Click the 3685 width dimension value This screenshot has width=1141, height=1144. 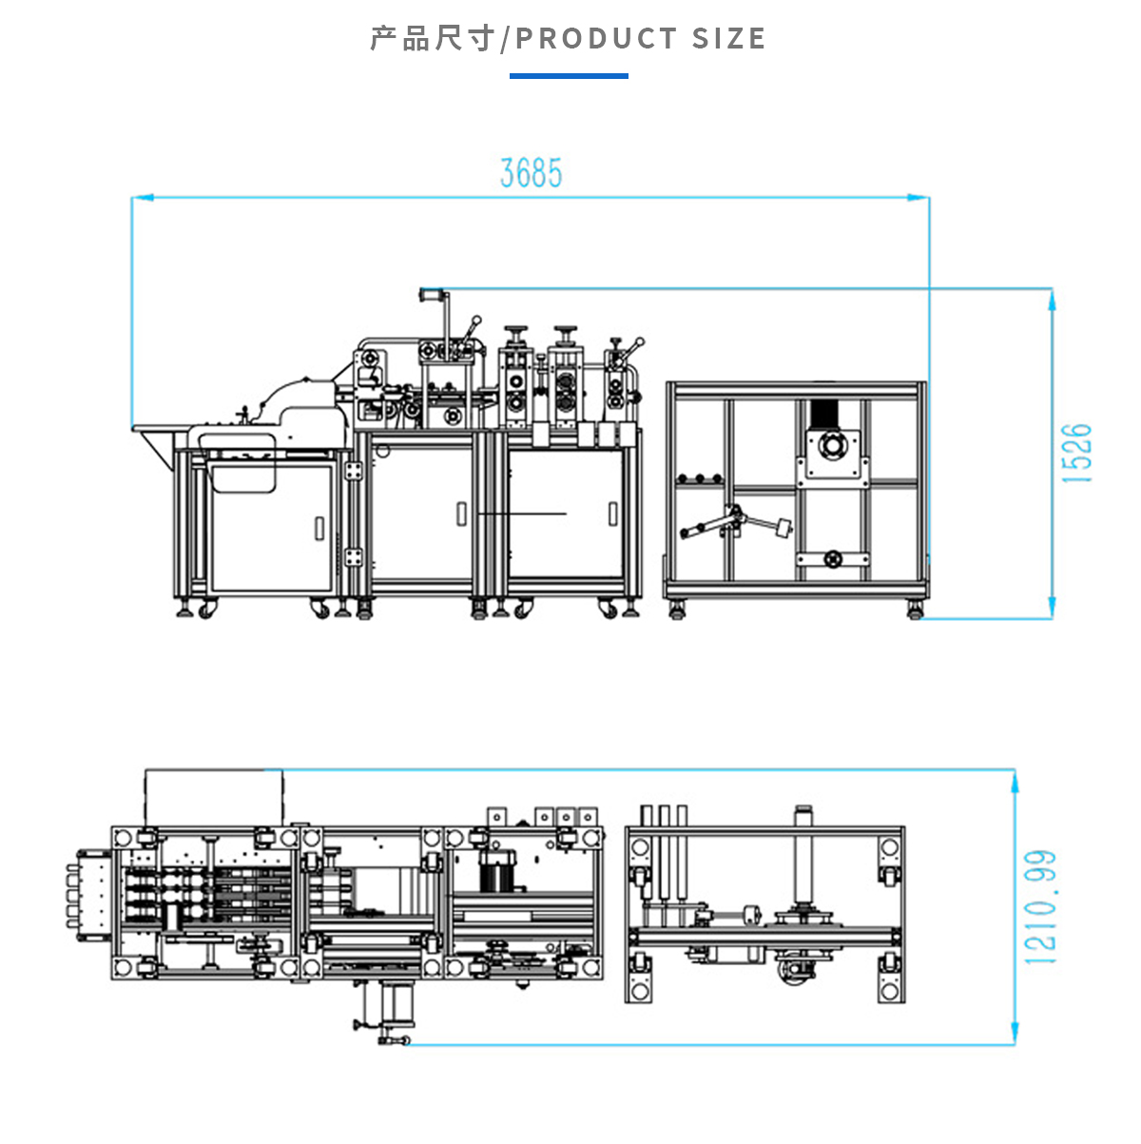[531, 173]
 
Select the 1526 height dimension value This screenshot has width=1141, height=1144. [1077, 454]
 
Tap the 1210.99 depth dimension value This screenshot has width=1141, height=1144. [1040, 907]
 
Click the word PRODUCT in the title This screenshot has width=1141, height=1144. [596, 39]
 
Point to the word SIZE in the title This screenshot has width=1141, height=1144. [728, 39]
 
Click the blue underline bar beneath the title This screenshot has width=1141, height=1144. [569, 75]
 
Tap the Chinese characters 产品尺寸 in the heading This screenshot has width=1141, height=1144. [433, 39]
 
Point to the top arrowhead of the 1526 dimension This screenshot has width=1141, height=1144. [1052, 299]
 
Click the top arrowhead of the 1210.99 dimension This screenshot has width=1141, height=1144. [1015, 780]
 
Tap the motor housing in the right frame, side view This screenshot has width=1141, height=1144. [834, 446]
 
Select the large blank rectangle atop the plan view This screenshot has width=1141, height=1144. [214, 797]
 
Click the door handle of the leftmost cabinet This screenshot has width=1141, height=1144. [319, 528]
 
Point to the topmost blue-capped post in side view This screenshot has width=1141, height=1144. [431, 296]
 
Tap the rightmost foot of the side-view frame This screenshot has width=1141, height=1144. [915, 610]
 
